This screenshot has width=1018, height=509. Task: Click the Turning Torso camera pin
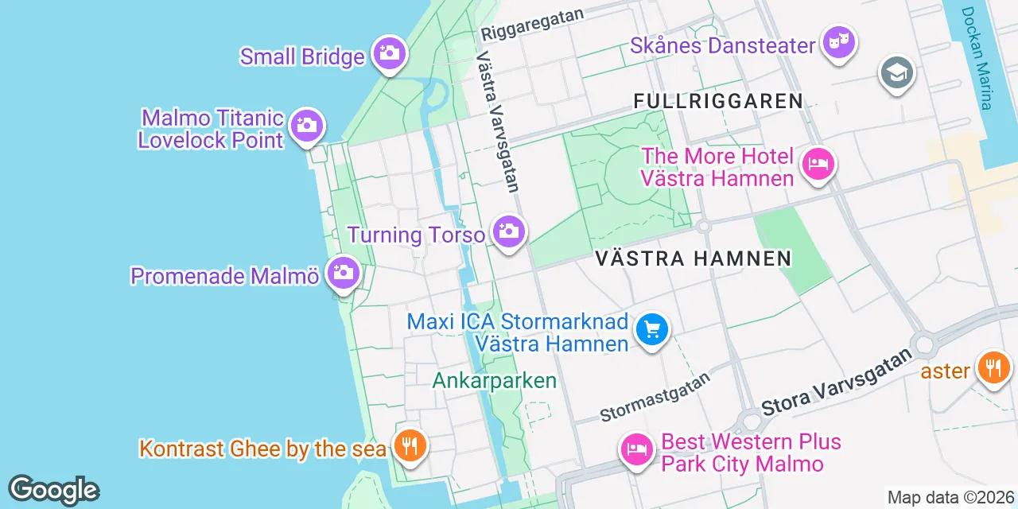508,231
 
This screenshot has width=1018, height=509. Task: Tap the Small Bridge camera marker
389,53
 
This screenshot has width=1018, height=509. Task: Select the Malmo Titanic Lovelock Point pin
306,126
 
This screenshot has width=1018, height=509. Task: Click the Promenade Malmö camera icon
344,273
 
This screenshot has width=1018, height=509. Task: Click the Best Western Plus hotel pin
637,449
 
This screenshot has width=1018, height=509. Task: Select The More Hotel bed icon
818,165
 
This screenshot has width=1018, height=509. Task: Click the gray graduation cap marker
897,74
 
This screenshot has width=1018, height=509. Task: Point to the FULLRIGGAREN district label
718,101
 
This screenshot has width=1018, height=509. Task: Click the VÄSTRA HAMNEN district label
694,258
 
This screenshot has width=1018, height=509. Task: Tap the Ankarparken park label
494,380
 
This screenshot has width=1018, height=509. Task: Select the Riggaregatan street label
532,25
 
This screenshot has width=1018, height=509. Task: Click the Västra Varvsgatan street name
499,122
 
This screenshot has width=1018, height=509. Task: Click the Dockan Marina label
977,58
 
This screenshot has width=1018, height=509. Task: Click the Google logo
53,490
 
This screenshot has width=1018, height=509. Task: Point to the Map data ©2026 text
950,498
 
